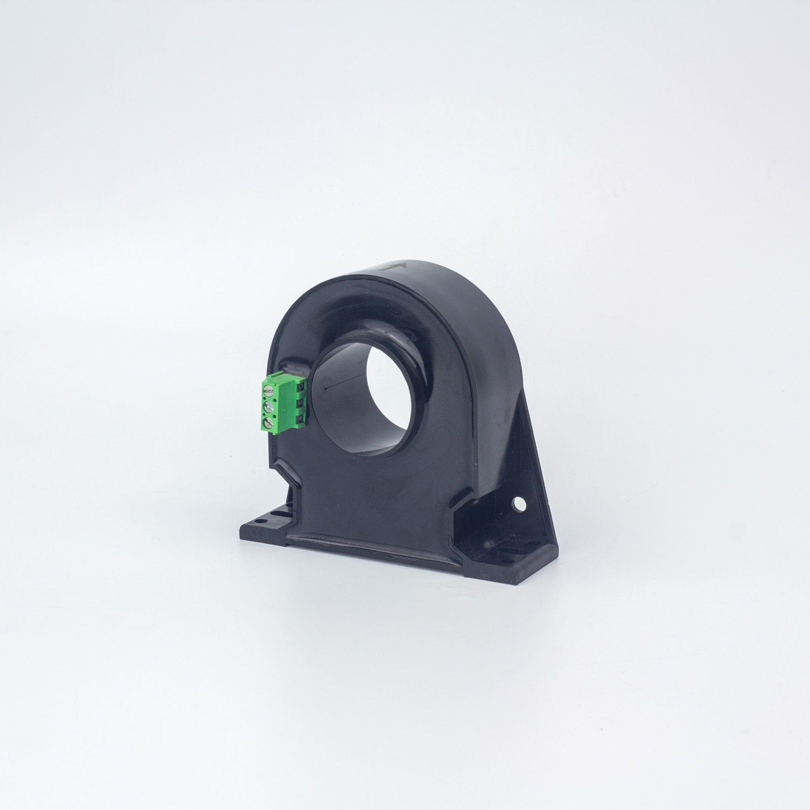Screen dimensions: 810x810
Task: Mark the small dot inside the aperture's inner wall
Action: tap(326, 387)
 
